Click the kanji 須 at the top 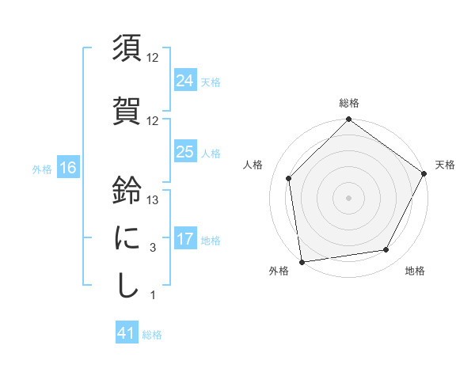127,48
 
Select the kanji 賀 127,109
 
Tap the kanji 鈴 127,191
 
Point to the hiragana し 127,285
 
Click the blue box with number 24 184,80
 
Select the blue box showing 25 184,152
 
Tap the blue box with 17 184,238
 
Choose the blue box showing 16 67,167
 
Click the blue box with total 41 127,333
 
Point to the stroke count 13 154,200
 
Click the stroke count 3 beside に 153,248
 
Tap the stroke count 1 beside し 153,295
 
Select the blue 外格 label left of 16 42,169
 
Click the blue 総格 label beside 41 152,335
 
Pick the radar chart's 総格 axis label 349,103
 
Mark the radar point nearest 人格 289,178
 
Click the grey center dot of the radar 349,197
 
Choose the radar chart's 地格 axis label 414,271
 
